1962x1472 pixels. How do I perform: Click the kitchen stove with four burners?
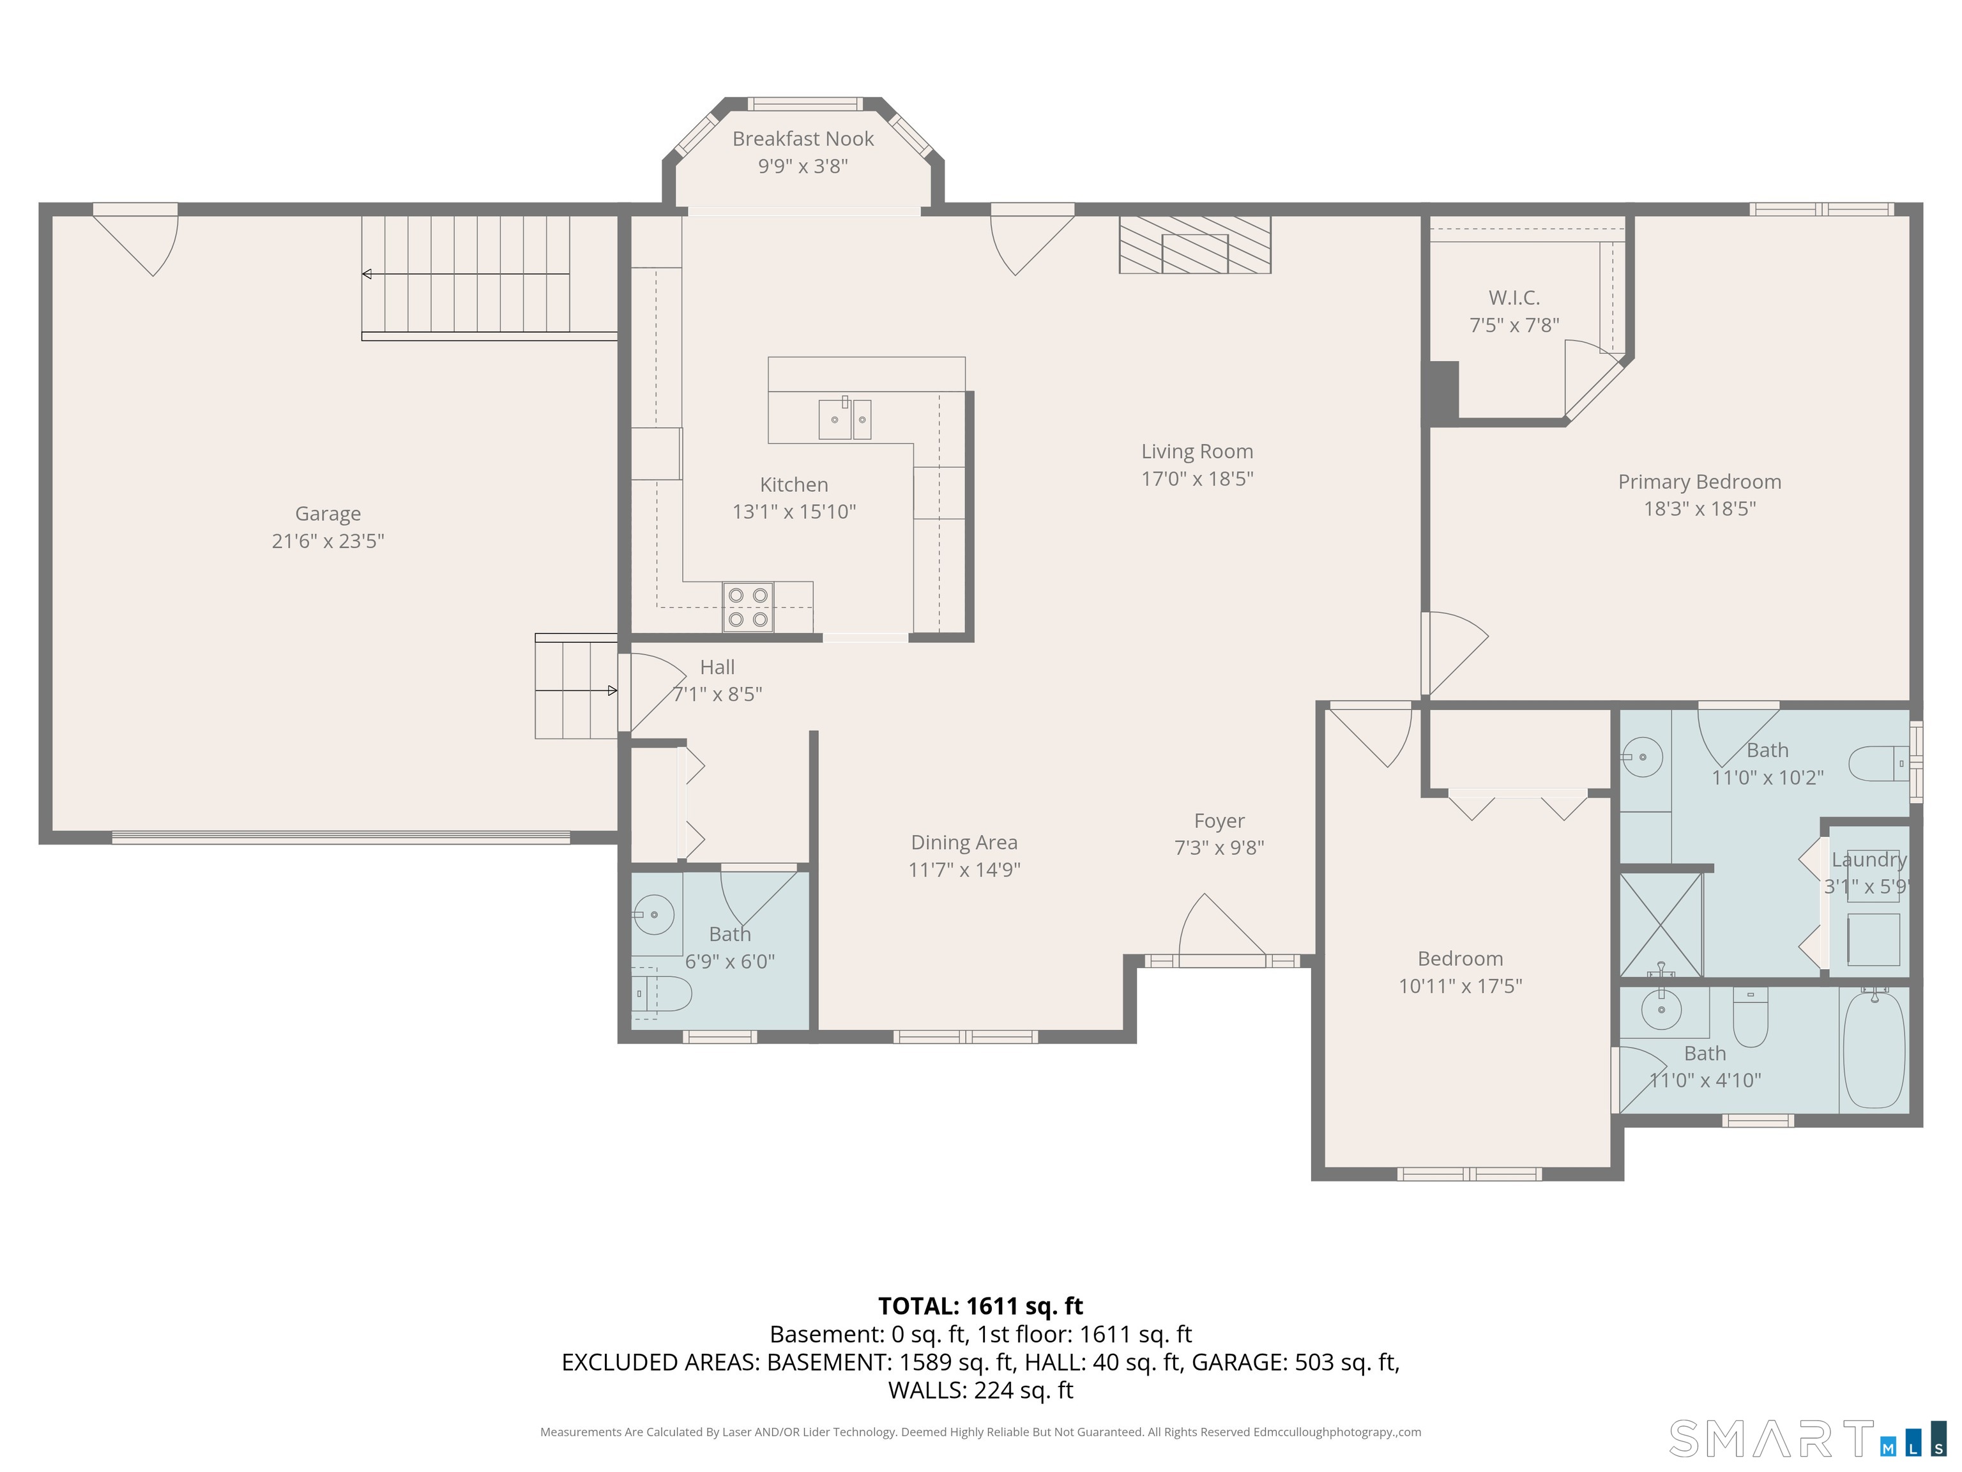click(x=748, y=607)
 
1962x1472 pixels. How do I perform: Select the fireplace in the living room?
click(x=1195, y=244)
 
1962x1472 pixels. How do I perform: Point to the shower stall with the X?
click(x=1661, y=924)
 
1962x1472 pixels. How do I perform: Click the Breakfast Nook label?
click(x=803, y=139)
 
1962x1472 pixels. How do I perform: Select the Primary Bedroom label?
click(x=1700, y=482)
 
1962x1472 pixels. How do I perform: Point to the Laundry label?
click(x=1869, y=860)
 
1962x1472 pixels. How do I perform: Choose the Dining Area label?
click(x=964, y=843)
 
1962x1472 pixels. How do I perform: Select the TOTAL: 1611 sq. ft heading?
click(x=980, y=1306)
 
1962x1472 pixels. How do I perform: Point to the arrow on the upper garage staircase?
click(x=466, y=274)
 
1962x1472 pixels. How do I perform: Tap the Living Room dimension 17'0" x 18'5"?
click(x=1196, y=479)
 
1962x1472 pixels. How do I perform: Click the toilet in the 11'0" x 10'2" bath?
click(x=1878, y=763)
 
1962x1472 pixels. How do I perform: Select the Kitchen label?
click(x=794, y=484)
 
